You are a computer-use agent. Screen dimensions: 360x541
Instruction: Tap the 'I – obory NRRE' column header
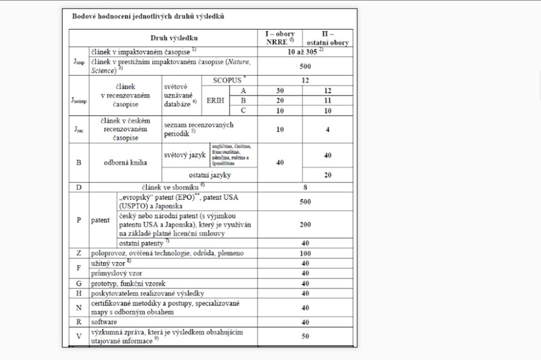279,38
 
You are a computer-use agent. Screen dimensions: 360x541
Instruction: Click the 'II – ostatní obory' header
327,38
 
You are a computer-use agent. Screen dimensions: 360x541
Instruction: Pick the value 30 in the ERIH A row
279,90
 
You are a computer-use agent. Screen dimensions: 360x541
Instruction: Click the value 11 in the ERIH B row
327,101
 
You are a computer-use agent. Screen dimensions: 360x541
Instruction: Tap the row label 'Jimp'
79,61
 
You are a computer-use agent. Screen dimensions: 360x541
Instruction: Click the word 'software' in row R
104,322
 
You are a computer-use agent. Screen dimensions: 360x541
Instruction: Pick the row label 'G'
79,283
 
